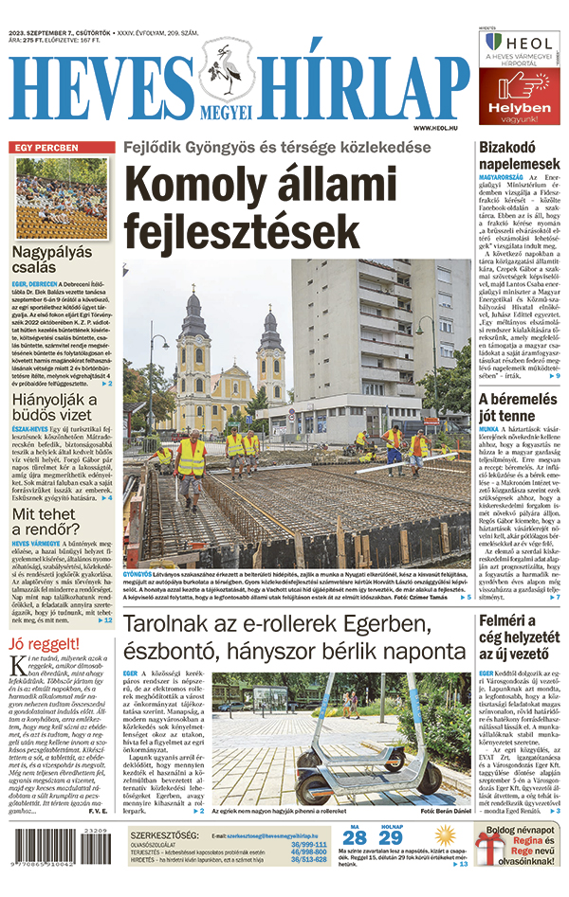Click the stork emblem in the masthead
[x=227, y=72]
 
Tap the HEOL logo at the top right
[x=517, y=44]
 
